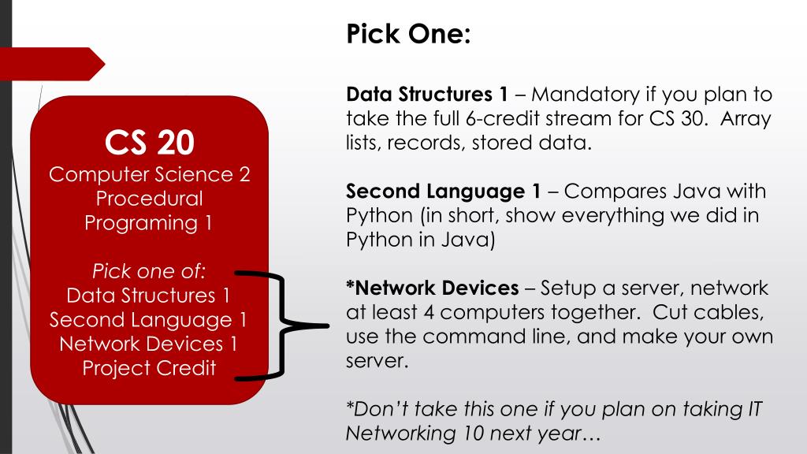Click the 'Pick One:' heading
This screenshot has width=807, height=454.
407,35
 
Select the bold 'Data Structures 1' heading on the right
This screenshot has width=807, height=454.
427,95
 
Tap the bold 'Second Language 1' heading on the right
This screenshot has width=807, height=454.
444,192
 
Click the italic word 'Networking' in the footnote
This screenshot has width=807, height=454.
399,433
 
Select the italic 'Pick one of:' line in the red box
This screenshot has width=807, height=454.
149,272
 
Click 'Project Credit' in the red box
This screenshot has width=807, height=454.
149,367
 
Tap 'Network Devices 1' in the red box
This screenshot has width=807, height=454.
149,344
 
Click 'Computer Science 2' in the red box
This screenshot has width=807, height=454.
149,174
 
